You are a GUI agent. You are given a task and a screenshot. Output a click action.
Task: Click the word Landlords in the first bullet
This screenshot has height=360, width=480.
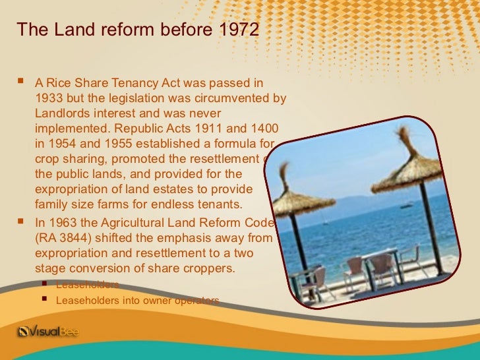(57, 113)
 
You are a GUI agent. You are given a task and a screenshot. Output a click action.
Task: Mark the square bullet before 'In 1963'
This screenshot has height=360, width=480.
(22, 222)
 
